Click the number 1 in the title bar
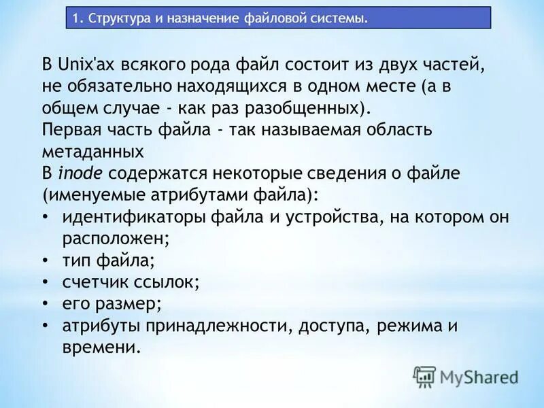pos(76,18)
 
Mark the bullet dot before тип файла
pos(45,260)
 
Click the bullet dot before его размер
pos(45,304)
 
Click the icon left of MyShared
pos(425,376)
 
